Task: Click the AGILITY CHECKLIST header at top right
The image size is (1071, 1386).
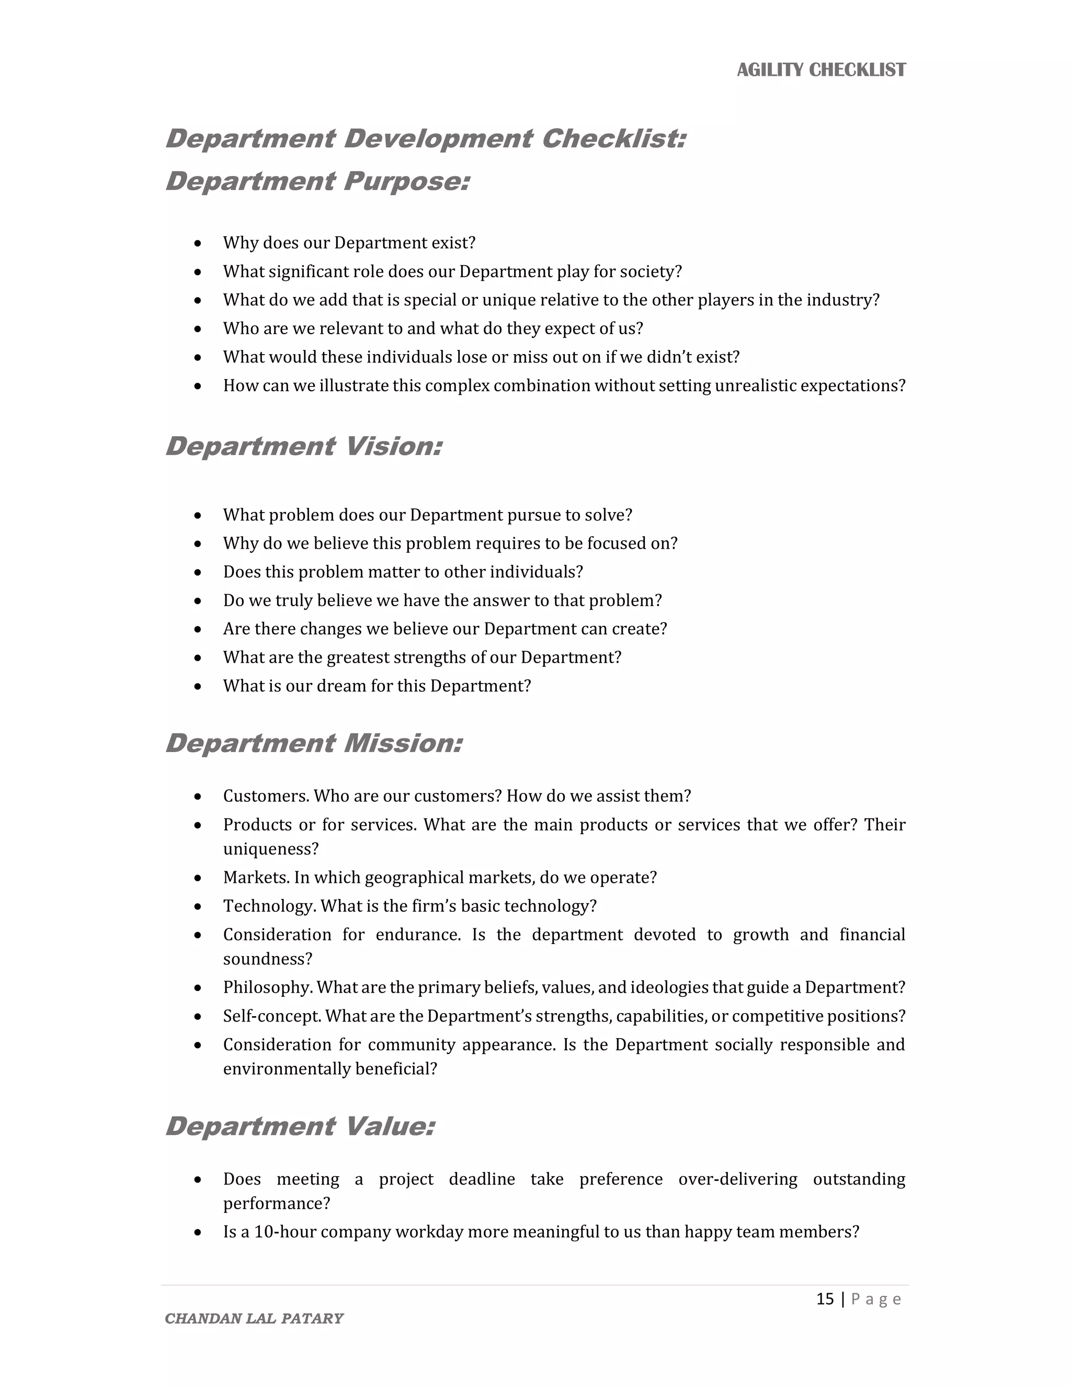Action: click(821, 70)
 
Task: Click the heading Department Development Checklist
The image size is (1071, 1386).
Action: click(425, 139)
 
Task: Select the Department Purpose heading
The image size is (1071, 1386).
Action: click(317, 181)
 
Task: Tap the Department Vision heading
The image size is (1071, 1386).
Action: click(303, 446)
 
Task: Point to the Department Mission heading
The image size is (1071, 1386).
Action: click(313, 743)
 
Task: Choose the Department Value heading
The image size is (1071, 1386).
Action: click(300, 1127)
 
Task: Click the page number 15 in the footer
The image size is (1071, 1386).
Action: click(824, 1299)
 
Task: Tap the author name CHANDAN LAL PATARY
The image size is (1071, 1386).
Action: click(254, 1318)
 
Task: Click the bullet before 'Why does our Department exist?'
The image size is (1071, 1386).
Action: click(198, 244)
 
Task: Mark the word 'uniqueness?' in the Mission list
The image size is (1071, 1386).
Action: click(270, 849)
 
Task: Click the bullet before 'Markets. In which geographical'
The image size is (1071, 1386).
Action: click(198, 878)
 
